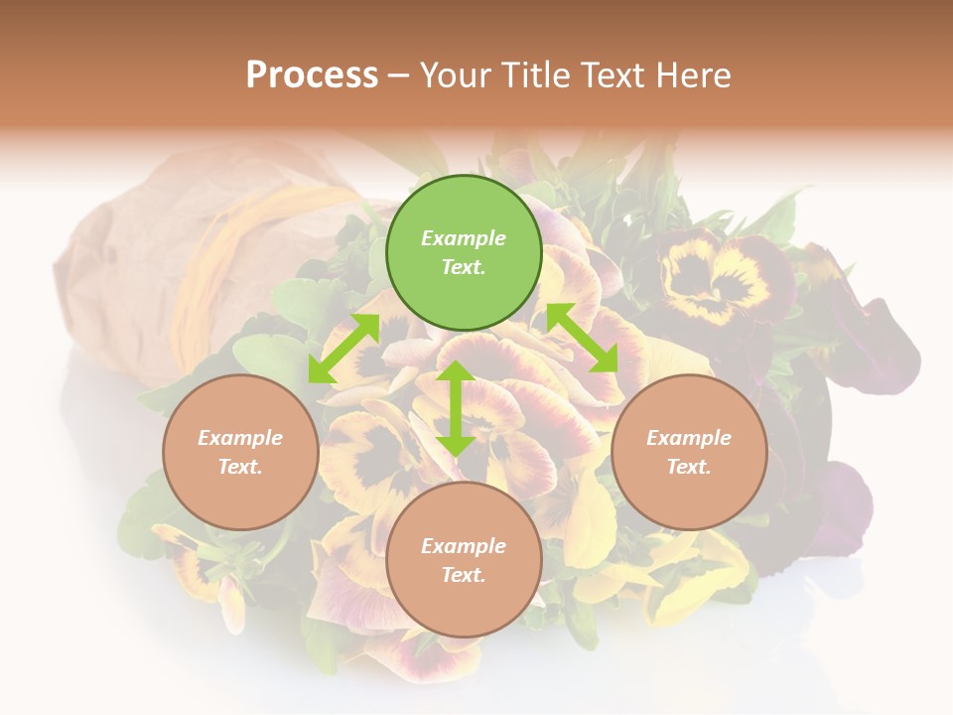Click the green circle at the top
coord(464,252)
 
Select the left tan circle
coord(240,452)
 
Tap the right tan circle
coord(689,452)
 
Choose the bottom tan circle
coord(464,560)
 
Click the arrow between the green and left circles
coord(344,349)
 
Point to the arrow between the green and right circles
coord(582,338)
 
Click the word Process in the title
coord(312,74)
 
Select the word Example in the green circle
coord(464,238)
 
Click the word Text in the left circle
coord(240,467)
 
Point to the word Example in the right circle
coord(689,438)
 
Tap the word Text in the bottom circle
coord(464,575)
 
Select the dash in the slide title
coord(399,75)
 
